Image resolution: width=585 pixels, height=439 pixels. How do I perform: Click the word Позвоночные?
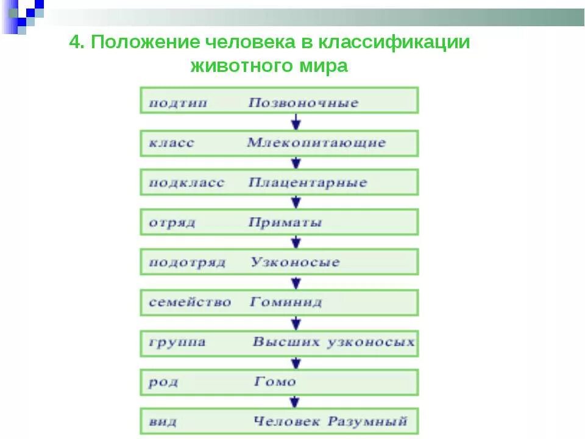click(x=303, y=102)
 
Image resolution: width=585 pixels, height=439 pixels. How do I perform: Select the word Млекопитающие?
click(x=316, y=143)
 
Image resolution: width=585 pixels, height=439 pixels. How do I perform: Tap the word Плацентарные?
click(x=308, y=182)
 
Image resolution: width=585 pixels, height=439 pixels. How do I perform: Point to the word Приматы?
click(x=285, y=223)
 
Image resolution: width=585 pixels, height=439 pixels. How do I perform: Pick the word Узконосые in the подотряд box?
click(x=295, y=262)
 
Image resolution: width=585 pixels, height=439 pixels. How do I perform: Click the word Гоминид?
click(x=285, y=302)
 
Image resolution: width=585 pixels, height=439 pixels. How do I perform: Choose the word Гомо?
click(x=274, y=382)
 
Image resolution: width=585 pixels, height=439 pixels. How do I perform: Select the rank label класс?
click(x=171, y=143)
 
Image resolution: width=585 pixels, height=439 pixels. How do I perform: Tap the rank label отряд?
click(x=172, y=223)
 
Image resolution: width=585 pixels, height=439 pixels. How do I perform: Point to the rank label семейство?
click(x=190, y=302)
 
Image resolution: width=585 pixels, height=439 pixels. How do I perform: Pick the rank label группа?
click(x=177, y=342)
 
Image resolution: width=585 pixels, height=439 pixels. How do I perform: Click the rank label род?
click(x=163, y=382)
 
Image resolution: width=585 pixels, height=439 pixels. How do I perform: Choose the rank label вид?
click(x=163, y=421)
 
